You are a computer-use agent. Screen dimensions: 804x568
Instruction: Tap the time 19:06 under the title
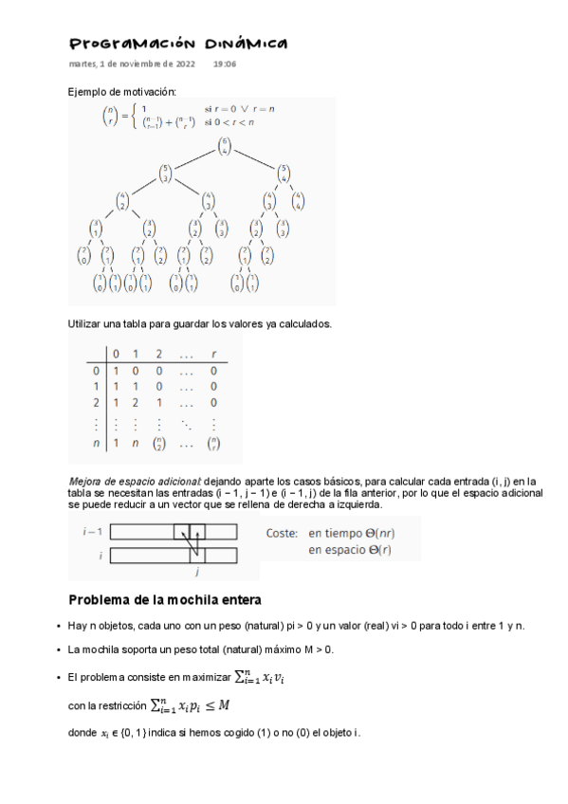(x=225, y=64)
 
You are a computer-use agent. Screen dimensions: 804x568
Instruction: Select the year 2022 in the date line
(x=182, y=64)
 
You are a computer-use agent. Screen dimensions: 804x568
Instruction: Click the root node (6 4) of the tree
(x=224, y=146)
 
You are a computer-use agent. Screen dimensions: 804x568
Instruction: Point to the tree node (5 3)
(x=166, y=174)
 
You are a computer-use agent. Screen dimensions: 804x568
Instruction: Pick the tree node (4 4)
(x=298, y=201)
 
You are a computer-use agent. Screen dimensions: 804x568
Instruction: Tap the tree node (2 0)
(x=82, y=255)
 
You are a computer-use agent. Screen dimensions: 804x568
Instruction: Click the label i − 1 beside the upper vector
(x=92, y=532)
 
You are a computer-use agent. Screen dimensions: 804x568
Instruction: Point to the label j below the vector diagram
(x=196, y=573)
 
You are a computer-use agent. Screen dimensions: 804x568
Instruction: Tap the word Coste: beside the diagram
(x=282, y=533)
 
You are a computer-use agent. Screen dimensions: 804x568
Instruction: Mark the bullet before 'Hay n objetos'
(x=60, y=627)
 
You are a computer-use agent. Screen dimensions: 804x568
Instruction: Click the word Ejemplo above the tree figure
(x=88, y=91)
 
